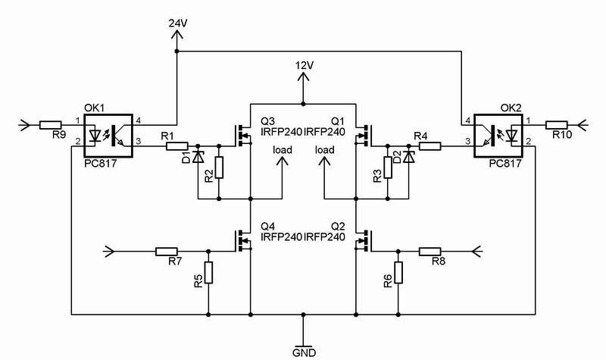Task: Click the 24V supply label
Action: (x=177, y=23)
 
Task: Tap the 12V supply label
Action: (x=304, y=66)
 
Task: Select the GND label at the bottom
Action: (x=304, y=352)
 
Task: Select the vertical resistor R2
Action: (x=220, y=167)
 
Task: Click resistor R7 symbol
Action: (x=166, y=251)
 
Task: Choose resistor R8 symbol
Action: (x=430, y=251)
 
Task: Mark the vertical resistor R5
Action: (x=208, y=272)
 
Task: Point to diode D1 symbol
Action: (x=198, y=158)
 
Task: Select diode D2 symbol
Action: (x=409, y=158)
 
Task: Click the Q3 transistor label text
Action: (x=267, y=121)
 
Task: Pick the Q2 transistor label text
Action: (x=339, y=226)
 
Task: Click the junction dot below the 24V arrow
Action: (x=177, y=52)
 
